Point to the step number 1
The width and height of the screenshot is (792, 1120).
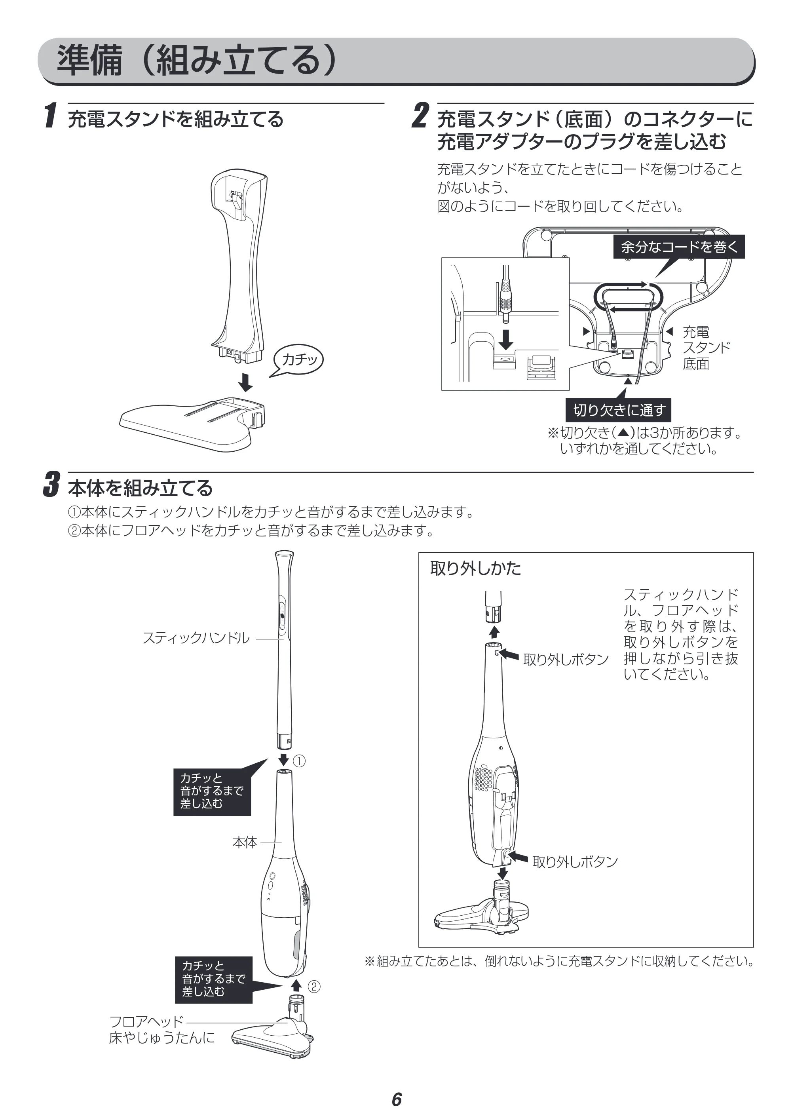pos(50,116)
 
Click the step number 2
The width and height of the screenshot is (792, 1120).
pos(420,116)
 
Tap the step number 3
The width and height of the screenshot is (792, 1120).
pos(52,485)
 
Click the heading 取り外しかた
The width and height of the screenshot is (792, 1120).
pos(475,568)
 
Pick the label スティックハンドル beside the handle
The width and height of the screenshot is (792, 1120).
pos(196,637)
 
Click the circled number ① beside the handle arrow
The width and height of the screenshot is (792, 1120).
pos(299,761)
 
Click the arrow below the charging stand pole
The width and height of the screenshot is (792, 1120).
pos(245,382)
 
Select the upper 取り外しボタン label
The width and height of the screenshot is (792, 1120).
pos(566,660)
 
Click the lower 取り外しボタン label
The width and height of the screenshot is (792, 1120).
pos(575,861)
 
